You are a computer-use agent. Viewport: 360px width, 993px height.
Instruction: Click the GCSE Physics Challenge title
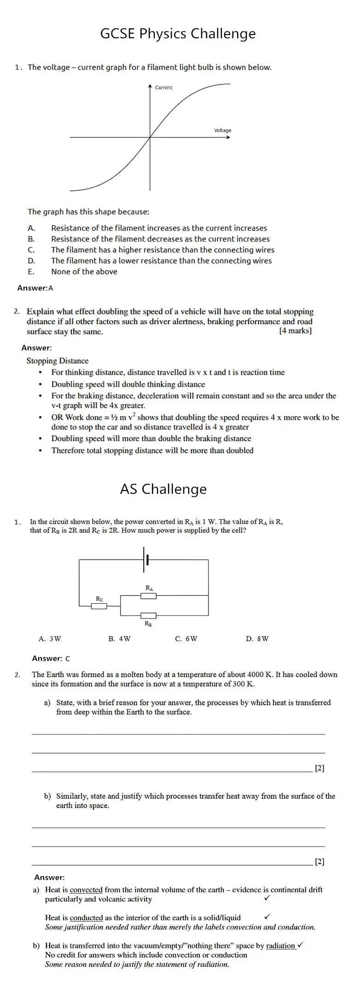[x=178, y=34]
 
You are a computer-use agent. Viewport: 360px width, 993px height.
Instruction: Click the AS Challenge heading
[x=163, y=489]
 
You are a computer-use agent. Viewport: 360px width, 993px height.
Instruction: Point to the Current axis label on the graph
[x=164, y=87]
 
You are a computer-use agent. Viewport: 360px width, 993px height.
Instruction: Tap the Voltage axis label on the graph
[x=222, y=131]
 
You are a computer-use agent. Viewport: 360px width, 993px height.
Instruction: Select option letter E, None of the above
[x=31, y=271]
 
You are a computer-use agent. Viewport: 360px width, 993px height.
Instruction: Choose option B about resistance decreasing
[x=160, y=239]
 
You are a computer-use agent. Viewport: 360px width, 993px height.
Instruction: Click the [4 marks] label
[x=295, y=331]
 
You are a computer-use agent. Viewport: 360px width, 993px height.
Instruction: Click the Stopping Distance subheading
[x=57, y=361]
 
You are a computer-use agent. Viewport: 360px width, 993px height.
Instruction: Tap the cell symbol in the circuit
[x=145, y=560]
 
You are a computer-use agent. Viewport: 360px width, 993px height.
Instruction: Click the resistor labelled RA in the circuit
[x=148, y=596]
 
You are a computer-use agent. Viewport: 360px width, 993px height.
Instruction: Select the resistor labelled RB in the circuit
[x=148, y=616]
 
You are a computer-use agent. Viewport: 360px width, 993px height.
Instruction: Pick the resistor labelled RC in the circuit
[x=99, y=606]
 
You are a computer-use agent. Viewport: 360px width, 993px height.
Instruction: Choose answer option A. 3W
[x=50, y=639]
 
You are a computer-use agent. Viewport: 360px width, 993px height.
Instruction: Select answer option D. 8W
[x=257, y=639]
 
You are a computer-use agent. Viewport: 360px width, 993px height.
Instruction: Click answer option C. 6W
[x=186, y=639]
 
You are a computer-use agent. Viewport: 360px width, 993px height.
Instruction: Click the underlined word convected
[x=86, y=890]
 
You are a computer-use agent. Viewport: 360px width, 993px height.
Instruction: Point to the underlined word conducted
[x=86, y=918]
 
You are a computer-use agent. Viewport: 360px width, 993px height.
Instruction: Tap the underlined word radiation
[x=280, y=946]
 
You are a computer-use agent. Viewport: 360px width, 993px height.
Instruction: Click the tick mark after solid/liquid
[x=267, y=917]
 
